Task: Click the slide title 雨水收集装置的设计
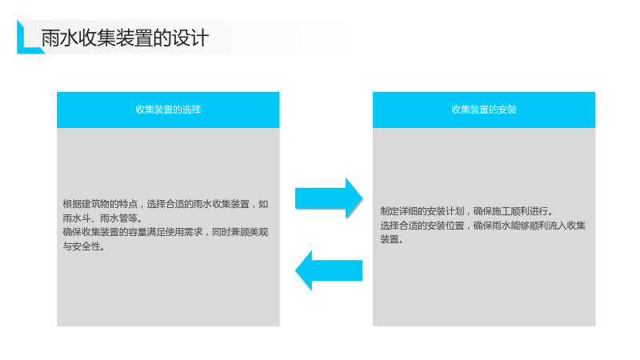(125, 38)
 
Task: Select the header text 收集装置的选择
(168, 110)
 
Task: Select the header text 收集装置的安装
(484, 110)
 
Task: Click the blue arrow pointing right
(329, 198)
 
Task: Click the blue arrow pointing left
(329, 270)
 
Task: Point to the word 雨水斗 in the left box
(76, 218)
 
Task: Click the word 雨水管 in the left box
(114, 218)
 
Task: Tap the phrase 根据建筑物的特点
(100, 204)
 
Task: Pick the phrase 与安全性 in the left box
(82, 246)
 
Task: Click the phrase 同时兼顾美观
(240, 232)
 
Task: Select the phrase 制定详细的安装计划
(422, 211)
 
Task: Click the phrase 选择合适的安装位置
(422, 226)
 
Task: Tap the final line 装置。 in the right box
(392, 239)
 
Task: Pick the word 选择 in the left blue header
(192, 110)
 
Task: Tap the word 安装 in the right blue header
(508, 110)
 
